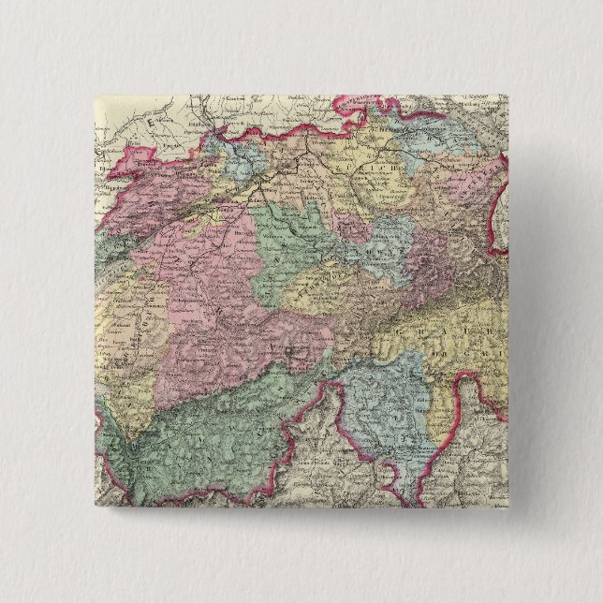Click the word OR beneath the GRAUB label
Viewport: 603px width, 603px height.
440,352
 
